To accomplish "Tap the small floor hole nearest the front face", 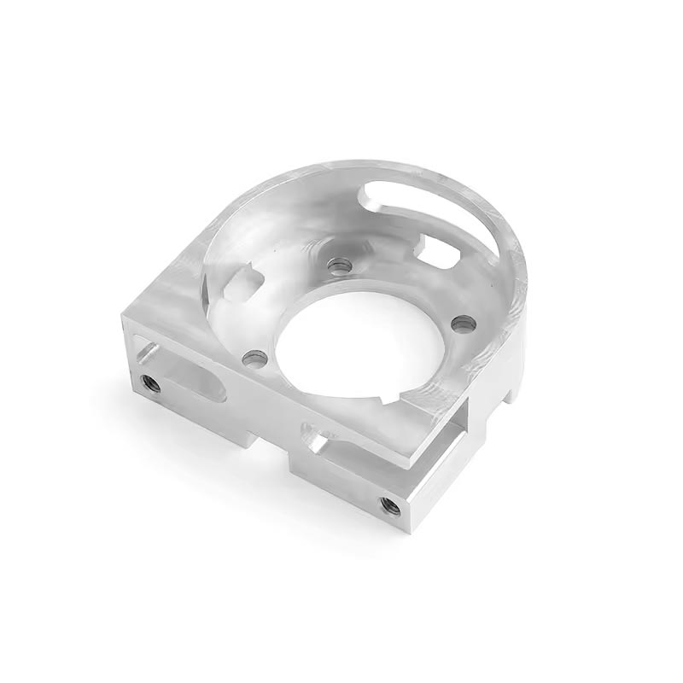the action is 254,359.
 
